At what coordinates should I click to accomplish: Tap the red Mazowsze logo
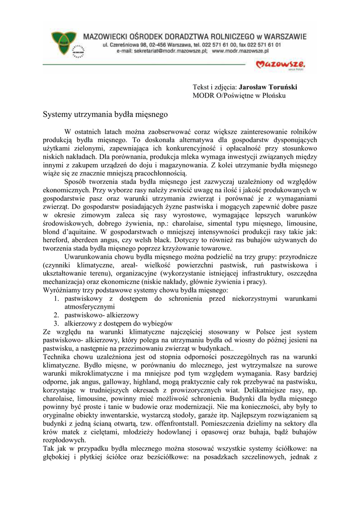click(280, 65)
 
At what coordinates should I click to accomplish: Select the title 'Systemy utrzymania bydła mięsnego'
click(106, 114)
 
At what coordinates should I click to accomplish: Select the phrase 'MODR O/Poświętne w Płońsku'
click(239, 95)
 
